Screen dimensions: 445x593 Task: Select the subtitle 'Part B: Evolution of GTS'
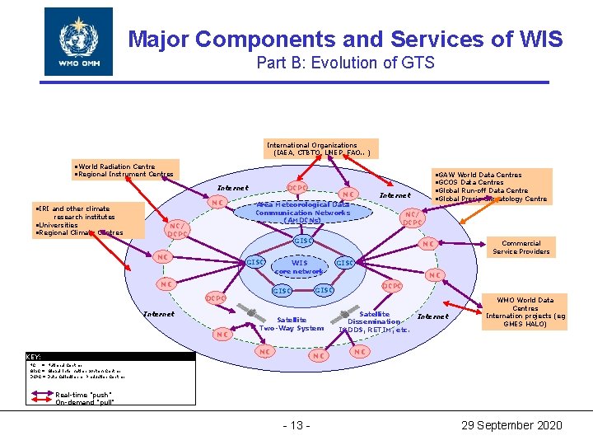tap(345, 63)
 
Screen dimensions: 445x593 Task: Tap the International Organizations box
tap(322, 148)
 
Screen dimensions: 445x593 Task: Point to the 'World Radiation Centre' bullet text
tap(115, 166)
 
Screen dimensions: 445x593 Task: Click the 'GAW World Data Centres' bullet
tap(480, 175)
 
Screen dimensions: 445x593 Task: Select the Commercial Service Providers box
tap(521, 247)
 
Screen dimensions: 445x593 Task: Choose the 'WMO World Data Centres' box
tap(525, 312)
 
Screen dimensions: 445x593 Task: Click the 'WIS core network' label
tap(299, 267)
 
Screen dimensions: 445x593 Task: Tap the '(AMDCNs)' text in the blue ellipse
tap(302, 220)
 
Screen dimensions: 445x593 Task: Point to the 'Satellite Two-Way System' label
tap(292, 324)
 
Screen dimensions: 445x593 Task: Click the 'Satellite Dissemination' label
tap(374, 317)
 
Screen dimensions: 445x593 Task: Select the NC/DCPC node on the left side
tap(177, 230)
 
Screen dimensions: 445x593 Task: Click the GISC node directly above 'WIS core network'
tap(302, 241)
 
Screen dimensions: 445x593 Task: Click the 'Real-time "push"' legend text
tap(85, 395)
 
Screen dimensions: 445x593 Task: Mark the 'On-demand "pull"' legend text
tap(85, 402)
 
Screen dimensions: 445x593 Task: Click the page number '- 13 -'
tap(296, 425)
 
